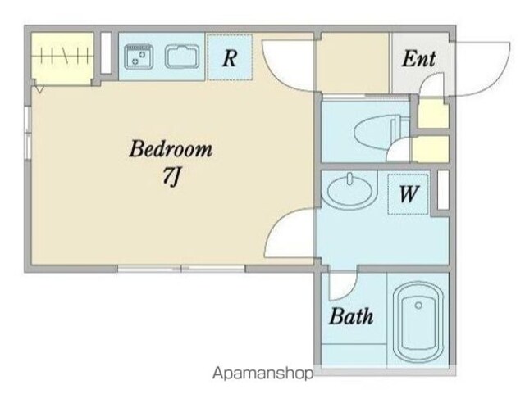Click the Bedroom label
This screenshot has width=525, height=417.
pos(171,149)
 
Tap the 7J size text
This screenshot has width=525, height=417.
pos(171,176)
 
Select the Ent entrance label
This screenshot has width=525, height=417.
pos(419,59)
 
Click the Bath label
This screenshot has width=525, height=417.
pos(351,316)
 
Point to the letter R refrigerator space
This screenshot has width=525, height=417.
pos(230,58)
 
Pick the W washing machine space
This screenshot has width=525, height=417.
pos(409,193)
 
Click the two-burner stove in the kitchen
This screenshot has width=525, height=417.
pos(139,57)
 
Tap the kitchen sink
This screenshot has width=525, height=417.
pos(182,57)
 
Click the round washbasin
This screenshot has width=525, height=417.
pos(349,191)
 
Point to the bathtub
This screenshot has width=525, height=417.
pos(418,322)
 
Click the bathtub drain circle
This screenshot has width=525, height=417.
pos(418,306)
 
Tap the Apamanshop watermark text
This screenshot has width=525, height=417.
pos(263,374)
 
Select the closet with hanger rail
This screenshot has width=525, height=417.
pos(62,59)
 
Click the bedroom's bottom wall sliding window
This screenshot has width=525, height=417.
pos(181,269)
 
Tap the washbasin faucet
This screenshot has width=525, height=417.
pos(350,179)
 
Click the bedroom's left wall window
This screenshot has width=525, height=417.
pos(28,133)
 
